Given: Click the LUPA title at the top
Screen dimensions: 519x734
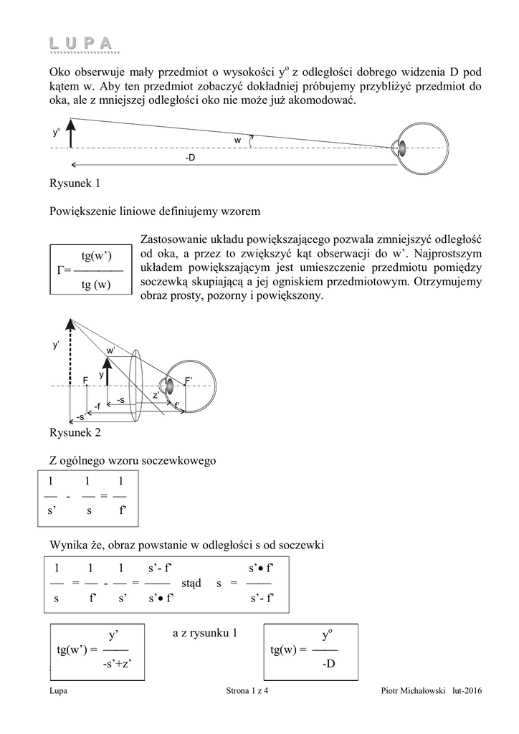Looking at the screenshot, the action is [x=81, y=43].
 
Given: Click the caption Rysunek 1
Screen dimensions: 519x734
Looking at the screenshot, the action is [x=75, y=183].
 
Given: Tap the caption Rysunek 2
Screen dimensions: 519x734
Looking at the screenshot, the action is [x=75, y=432].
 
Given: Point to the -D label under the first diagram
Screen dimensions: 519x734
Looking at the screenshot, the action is [x=190, y=158].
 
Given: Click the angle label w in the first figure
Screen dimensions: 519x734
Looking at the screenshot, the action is [x=238, y=140].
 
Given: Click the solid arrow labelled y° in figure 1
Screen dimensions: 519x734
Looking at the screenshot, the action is [x=71, y=133].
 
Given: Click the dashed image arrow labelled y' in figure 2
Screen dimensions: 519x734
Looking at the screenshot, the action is [x=70, y=352].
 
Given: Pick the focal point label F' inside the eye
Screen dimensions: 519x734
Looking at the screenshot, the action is [x=188, y=381].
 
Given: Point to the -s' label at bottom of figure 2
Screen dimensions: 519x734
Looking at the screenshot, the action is [x=80, y=416].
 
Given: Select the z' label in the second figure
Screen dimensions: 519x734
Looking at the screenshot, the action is [x=156, y=396].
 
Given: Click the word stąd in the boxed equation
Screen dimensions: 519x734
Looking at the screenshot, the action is [x=191, y=583].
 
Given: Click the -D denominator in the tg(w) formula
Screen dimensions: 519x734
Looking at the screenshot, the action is [x=328, y=663].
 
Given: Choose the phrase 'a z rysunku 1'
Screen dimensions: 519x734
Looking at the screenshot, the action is [x=205, y=633].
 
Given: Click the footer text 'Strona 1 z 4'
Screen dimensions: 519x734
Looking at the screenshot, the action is [x=247, y=690].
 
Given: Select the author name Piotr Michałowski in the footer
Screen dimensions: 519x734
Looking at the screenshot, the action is [x=413, y=690].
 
